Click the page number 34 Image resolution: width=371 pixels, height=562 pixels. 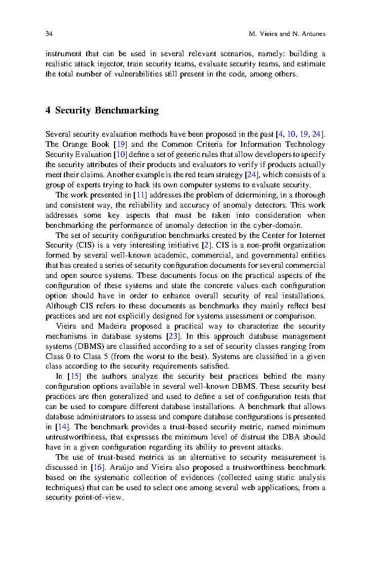pos(49,34)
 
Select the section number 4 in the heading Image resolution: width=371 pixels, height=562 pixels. pos(48,110)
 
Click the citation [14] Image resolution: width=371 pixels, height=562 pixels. pos(60,427)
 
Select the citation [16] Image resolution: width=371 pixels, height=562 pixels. pos(97,467)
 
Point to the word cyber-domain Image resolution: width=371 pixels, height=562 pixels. pos(277,225)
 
